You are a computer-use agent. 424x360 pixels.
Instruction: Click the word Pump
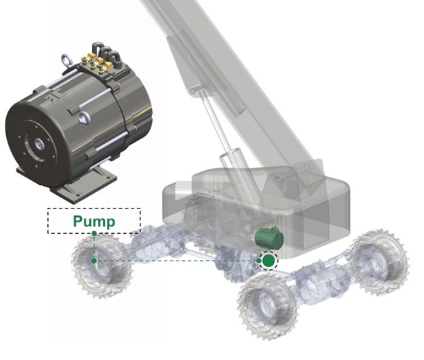point(94,221)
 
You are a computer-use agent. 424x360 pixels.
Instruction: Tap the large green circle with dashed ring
point(269,261)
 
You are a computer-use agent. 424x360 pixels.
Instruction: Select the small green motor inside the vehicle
point(270,238)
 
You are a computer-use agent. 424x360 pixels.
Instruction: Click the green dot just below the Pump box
point(94,233)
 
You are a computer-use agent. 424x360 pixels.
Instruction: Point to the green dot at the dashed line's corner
point(94,261)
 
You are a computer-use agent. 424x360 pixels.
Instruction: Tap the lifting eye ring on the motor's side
point(84,118)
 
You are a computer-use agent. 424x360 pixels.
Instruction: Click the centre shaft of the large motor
point(39,145)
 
